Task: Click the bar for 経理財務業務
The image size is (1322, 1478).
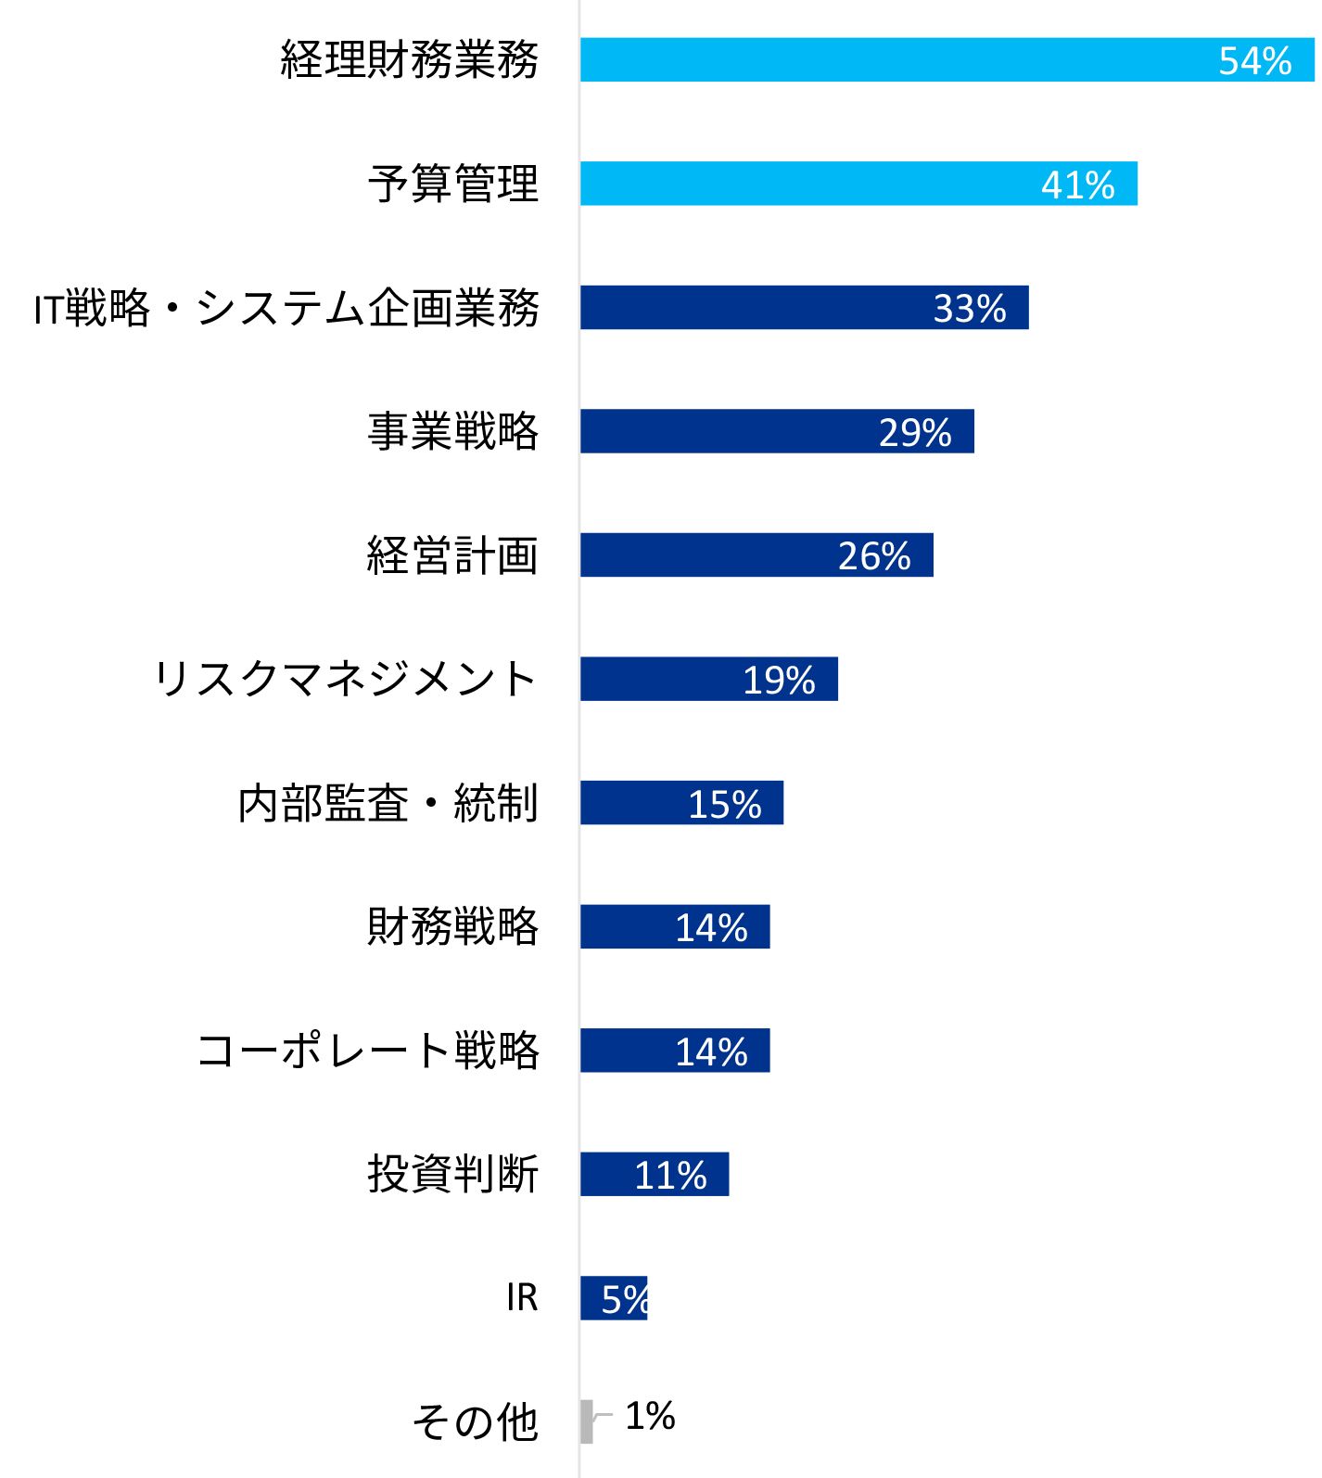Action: [x=946, y=60]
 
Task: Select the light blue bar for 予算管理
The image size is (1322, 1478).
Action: [x=858, y=184]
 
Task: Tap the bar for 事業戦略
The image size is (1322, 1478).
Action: [x=777, y=431]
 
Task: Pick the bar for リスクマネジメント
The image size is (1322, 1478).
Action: [x=708, y=679]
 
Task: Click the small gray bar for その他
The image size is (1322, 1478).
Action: [x=587, y=1421]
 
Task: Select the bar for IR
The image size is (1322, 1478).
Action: [x=613, y=1298]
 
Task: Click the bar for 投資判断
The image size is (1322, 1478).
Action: [x=654, y=1174]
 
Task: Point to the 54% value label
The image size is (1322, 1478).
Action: [x=1254, y=61]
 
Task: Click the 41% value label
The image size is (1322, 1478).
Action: [x=1077, y=185]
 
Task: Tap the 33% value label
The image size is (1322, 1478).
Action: [x=969, y=309]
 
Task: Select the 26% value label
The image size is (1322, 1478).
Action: [x=873, y=556]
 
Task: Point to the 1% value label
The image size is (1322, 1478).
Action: [x=650, y=1416]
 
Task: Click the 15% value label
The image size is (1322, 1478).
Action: [x=724, y=804]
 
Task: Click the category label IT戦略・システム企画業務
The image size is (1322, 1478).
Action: [x=286, y=308]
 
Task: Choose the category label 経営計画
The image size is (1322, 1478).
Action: [x=452, y=555]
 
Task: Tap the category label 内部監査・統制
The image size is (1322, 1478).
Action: [x=388, y=803]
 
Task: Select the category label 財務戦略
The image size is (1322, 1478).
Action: [x=452, y=926]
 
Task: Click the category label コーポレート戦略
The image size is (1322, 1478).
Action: [x=368, y=1051]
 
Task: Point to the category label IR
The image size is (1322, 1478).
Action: [x=522, y=1297]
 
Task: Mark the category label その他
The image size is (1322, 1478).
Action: [x=475, y=1421]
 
